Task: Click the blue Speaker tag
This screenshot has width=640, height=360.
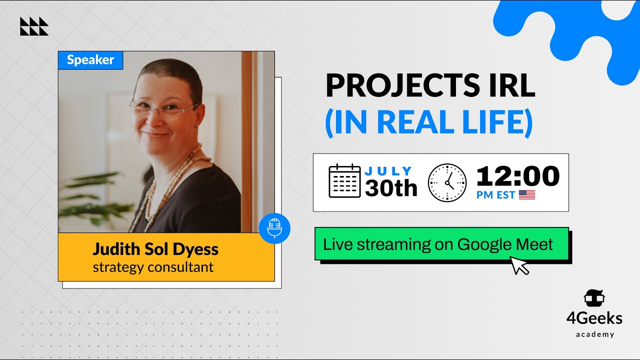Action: pos(90,60)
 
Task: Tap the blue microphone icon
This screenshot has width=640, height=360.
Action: pos(274,228)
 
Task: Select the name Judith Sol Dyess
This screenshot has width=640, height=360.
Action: pos(155,249)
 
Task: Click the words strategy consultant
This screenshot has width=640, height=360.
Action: pos(153,267)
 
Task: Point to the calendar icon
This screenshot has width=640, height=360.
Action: pos(344,181)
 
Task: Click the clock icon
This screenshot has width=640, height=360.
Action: pos(447,183)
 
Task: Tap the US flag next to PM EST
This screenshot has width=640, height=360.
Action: pos(527,195)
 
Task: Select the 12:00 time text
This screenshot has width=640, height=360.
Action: pos(517,176)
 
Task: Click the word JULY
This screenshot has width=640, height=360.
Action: pos(388,171)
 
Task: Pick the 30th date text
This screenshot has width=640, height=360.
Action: pos(391,188)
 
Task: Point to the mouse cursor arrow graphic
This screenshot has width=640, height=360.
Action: pos(519,265)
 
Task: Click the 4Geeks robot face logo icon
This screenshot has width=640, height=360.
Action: pos(594,298)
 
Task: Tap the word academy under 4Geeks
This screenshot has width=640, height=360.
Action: pos(594,334)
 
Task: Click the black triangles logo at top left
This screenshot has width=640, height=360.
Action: pos(34,26)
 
